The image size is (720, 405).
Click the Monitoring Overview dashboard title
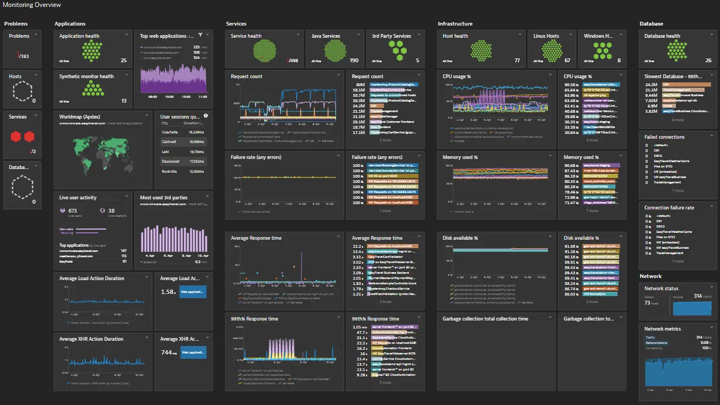coord(32,5)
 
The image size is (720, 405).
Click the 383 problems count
coord(24,56)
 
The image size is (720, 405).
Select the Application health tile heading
coord(79,36)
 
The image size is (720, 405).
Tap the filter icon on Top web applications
coord(200,36)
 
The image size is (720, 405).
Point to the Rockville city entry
coord(169,172)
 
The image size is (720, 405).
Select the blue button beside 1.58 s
coord(192,292)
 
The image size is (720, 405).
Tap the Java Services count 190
coord(354,61)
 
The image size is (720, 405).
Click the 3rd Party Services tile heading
coord(391,36)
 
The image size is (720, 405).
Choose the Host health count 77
coord(517,61)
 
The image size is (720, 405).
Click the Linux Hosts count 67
coord(567,61)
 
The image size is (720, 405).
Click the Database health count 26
coord(708,61)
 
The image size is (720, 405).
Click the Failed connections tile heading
coord(664,137)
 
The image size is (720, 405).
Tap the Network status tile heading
coord(661,289)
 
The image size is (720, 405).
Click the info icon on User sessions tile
coord(206,116)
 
